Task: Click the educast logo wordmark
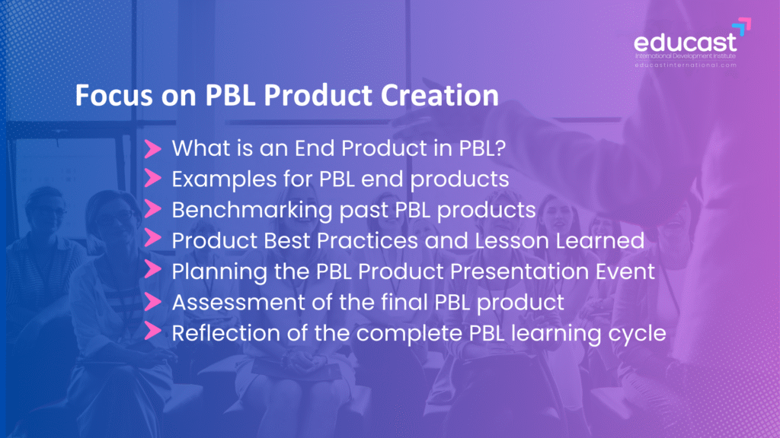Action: pos(685,43)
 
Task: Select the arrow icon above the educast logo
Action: pos(742,27)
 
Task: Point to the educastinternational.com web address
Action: pos(686,65)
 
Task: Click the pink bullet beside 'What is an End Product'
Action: pos(152,148)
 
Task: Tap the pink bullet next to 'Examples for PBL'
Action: pos(152,178)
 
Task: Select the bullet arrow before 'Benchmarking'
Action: pos(152,209)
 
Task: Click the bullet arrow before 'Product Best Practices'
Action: pos(152,239)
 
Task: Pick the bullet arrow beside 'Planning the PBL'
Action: pos(152,270)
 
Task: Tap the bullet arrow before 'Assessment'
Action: pos(152,301)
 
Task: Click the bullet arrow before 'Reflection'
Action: pos(152,332)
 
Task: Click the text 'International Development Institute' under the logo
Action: pos(686,56)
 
